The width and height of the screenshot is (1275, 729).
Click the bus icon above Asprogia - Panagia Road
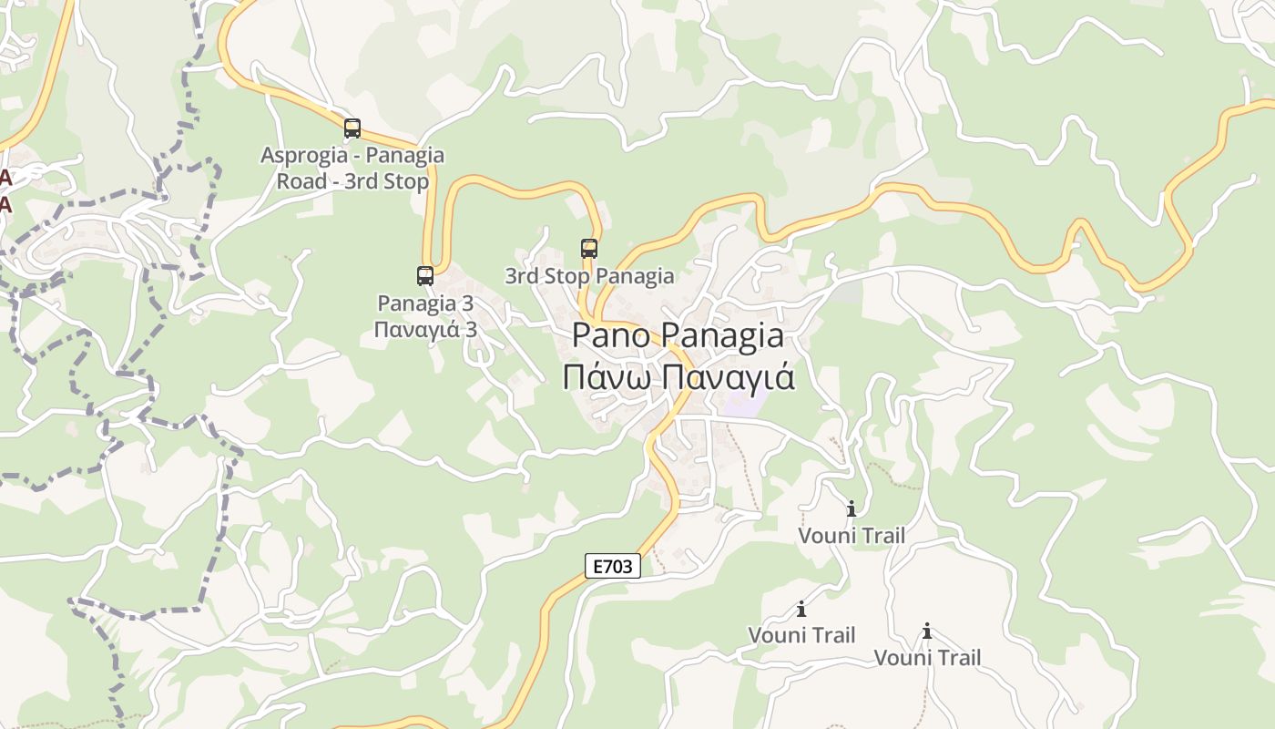click(352, 128)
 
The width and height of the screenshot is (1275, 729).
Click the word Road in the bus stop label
click(301, 181)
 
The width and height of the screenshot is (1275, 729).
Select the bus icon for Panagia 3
click(425, 275)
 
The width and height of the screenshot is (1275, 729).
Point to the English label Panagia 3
click(425, 303)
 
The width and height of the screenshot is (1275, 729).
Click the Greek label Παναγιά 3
click(425, 329)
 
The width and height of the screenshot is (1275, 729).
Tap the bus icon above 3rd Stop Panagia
click(589, 249)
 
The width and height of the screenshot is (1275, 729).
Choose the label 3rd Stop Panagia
click(589, 275)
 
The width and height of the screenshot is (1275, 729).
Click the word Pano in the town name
click(611, 335)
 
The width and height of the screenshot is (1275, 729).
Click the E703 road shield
click(612, 566)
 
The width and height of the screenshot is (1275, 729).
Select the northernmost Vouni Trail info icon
click(852, 508)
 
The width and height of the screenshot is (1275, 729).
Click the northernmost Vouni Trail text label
click(852, 535)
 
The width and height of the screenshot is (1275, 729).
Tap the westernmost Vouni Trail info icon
click(801, 609)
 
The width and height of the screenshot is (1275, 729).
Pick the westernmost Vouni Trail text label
click(801, 634)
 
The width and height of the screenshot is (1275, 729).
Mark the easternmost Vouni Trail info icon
click(927, 631)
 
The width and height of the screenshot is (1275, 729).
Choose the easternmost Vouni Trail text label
click(927, 657)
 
